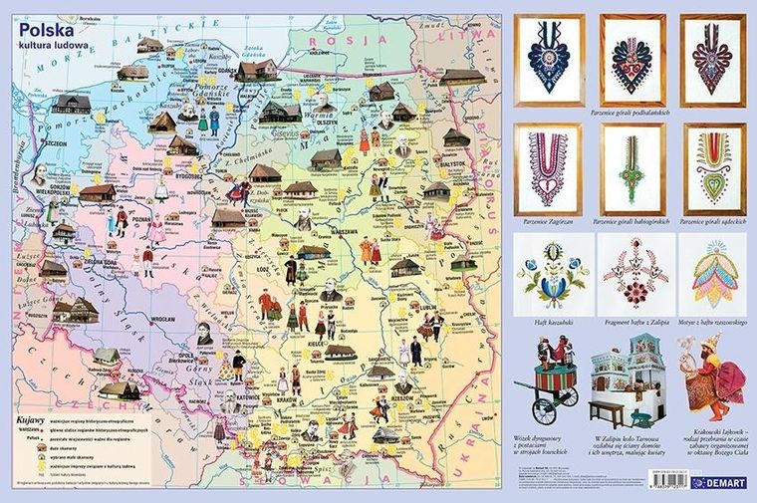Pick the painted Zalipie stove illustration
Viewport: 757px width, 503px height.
click(x=625, y=382)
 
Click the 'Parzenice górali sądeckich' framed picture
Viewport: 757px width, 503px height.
click(x=714, y=165)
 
